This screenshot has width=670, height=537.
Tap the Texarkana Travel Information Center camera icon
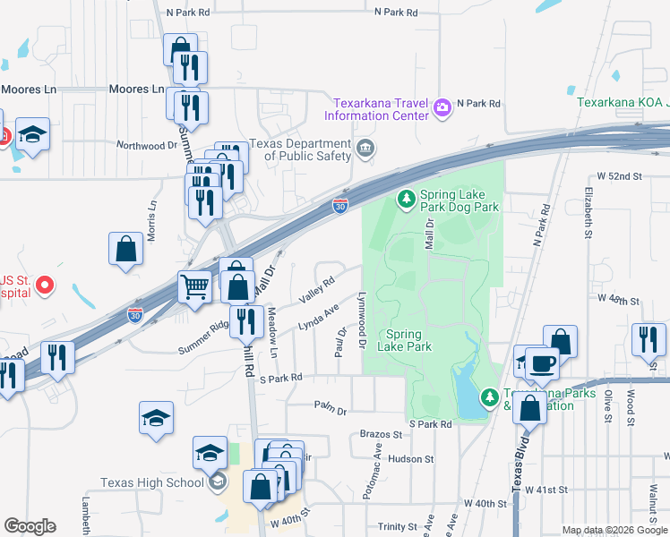[442, 108]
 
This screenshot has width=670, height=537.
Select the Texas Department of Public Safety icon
[365, 148]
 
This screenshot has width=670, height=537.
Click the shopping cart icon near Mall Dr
[194, 286]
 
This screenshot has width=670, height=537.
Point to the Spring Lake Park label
[405, 340]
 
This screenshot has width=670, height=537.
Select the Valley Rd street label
[317, 287]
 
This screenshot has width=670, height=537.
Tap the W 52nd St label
[614, 177]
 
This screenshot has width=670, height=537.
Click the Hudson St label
[411, 459]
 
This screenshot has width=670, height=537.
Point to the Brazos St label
[381, 434]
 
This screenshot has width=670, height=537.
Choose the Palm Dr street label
[330, 407]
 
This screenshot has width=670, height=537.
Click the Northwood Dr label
[148, 145]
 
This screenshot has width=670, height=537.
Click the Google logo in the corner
[30, 526]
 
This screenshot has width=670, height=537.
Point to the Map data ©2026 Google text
[614, 530]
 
